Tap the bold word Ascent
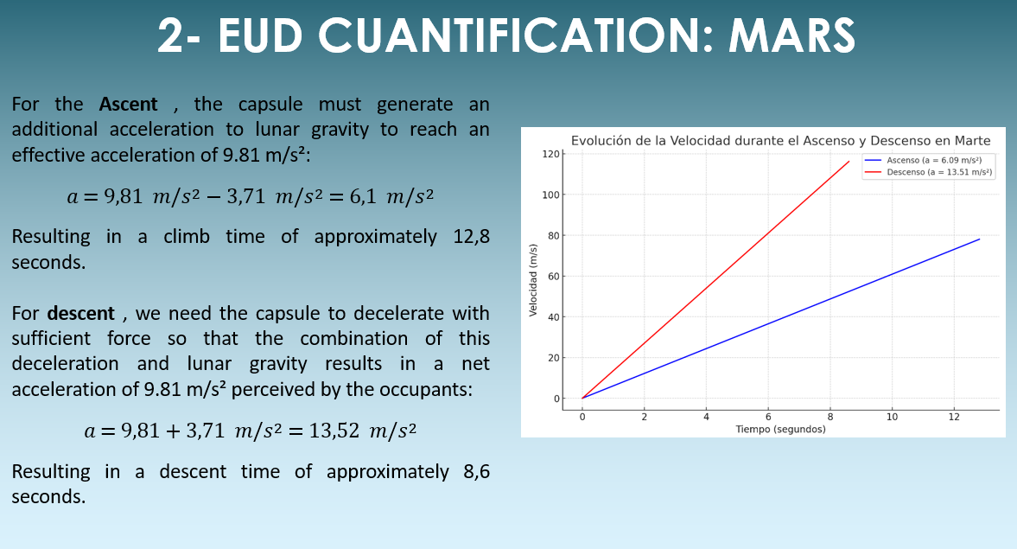129,104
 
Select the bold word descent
81,313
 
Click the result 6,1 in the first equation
363,195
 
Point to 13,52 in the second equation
334,430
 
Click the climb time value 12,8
472,236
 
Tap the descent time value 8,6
477,471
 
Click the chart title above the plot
781,140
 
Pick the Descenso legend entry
928,172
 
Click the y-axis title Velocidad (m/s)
533,280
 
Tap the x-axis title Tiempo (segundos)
781,429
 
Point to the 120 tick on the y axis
550,154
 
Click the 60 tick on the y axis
553,277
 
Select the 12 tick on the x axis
954,417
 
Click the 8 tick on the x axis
830,417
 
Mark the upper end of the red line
849,162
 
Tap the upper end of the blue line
979,239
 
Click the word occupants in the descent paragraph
429,389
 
